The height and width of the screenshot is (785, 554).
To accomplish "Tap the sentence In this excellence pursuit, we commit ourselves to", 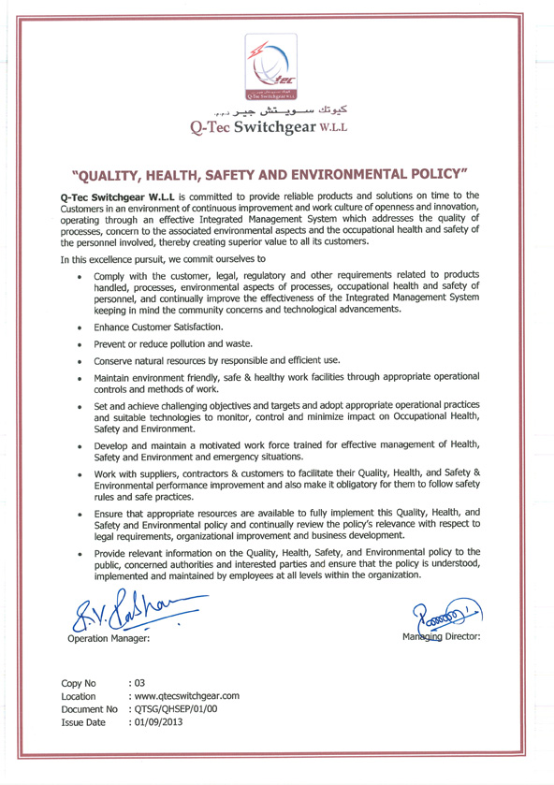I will (163, 257).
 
